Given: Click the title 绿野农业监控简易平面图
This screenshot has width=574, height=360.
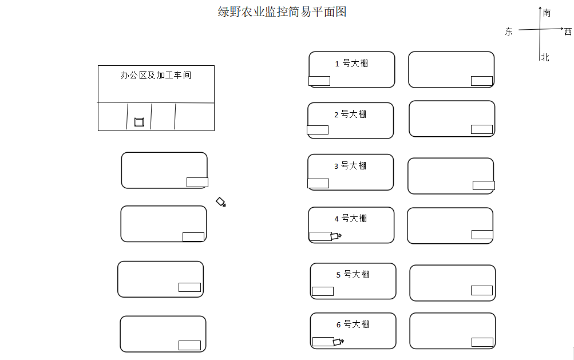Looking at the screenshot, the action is tap(282, 11).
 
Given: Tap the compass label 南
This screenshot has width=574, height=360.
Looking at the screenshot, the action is tap(547, 13).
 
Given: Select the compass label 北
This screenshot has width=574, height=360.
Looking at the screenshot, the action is tap(545, 57).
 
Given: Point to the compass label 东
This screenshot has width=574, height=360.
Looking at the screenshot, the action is tap(508, 32).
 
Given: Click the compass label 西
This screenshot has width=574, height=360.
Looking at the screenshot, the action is tap(568, 32).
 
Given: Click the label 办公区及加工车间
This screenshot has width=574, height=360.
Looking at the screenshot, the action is tap(156, 75).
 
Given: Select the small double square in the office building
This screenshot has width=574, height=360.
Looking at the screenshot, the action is tap(139, 122).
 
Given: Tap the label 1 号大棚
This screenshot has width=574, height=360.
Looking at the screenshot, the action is tap(351, 64).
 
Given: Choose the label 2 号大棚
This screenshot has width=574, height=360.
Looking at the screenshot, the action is tap(350, 114).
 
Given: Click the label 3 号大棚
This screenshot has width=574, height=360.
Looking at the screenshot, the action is tap(350, 166).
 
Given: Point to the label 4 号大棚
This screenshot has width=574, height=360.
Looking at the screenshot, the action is tap(350, 219).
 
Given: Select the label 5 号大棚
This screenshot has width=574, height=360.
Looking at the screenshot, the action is tap(353, 275).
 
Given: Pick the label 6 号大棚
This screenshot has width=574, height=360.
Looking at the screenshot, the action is tap(353, 325).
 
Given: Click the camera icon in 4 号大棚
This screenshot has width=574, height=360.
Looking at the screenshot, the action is tap(336, 236).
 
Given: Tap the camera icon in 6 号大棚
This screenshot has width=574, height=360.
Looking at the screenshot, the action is tap(338, 342).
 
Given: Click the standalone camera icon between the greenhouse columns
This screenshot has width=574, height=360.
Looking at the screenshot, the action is tap(221, 202).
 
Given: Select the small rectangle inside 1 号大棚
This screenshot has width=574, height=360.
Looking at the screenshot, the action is tap(319, 81).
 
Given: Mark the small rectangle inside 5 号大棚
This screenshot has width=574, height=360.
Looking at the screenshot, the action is tap(323, 291).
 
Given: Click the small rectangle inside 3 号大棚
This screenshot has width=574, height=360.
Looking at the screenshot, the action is tap(318, 183).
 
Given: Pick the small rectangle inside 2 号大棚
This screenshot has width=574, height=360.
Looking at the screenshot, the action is tap(318, 130).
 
